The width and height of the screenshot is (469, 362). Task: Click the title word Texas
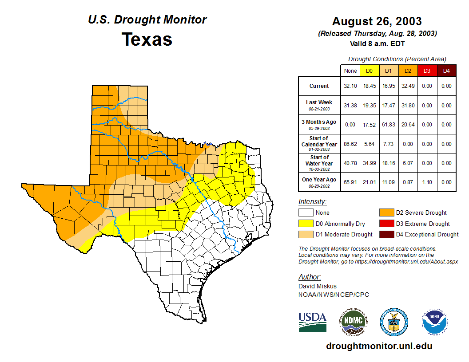147,39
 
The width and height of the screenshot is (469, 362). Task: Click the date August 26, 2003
377,21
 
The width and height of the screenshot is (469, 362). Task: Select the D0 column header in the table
369,71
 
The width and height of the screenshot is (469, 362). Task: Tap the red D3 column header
427,71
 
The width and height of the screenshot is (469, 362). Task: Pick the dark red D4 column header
446,71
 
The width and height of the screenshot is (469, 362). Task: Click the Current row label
319,86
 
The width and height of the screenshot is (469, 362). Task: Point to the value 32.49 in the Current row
407,86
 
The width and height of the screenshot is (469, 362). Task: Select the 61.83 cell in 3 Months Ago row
388,125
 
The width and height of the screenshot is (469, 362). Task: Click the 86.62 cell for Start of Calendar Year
350,144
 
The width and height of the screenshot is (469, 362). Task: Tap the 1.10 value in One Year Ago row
427,182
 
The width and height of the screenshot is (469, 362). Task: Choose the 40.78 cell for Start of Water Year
350,163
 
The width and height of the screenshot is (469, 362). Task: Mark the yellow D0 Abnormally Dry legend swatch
306,224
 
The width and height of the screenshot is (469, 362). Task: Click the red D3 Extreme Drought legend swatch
386,224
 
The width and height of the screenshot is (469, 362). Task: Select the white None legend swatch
306,213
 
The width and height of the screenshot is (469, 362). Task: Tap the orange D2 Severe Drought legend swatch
386,213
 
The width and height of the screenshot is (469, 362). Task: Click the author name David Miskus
318,286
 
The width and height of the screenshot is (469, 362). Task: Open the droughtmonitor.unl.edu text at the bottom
379,346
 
